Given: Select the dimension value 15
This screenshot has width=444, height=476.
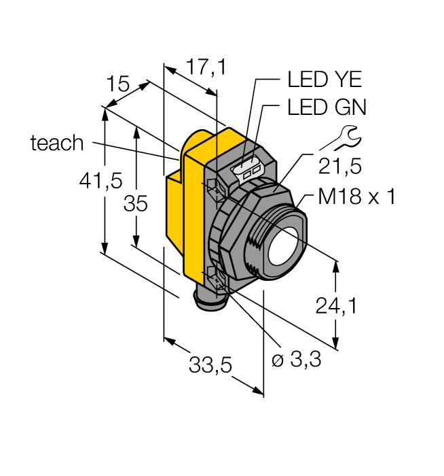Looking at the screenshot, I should click(x=117, y=84).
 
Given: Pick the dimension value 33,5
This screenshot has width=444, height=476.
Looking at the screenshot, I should click(x=210, y=367).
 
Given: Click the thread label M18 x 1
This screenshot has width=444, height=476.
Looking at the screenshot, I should click(x=356, y=198).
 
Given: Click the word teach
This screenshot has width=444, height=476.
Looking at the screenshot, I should click(x=57, y=143).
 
